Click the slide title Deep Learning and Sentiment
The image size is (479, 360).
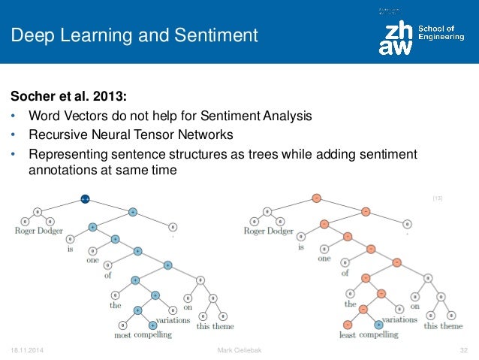click(x=134, y=35)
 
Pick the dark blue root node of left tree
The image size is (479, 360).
click(x=86, y=199)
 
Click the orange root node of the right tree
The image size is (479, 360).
click(x=316, y=198)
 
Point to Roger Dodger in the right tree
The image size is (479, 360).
click(x=268, y=231)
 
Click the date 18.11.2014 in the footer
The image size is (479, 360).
click(x=26, y=351)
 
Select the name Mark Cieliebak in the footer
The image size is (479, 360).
click(x=238, y=351)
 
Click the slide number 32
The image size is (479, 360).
click(x=463, y=351)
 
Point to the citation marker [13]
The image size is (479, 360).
click(x=437, y=198)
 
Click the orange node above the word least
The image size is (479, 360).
click(x=347, y=325)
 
